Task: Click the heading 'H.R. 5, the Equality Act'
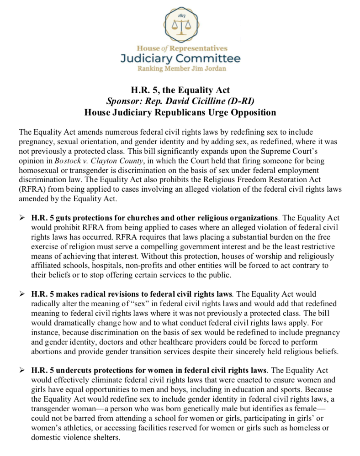tap(180, 90)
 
